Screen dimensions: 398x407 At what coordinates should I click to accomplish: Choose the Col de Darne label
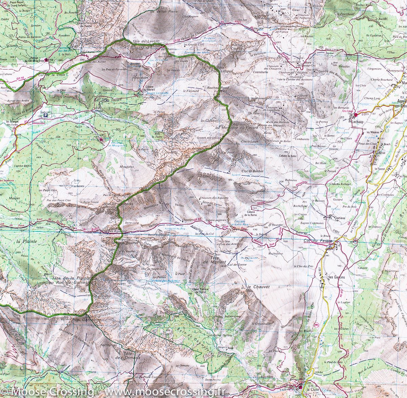236,264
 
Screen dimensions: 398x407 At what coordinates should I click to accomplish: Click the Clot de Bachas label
252,171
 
